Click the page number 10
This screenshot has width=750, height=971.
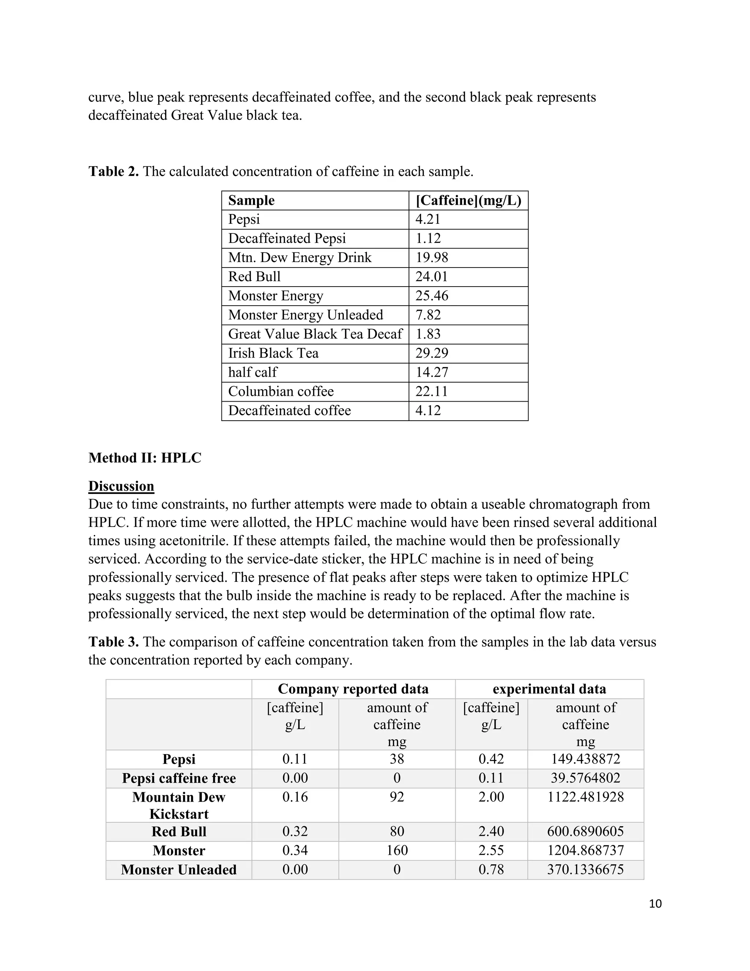coord(655,904)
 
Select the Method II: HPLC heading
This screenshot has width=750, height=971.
coord(145,458)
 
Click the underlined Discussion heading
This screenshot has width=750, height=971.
coord(121,486)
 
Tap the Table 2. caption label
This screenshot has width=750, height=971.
coord(113,171)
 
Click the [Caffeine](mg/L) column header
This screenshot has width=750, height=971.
coord(468,200)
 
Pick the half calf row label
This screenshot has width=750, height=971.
coord(252,372)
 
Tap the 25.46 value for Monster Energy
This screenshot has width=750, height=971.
coord(431,296)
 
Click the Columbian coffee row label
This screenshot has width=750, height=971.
coord(281,391)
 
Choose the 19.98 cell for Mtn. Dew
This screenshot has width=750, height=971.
coord(431,258)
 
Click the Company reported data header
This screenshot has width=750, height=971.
coord(353,689)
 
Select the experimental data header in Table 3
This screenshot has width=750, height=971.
coord(549,689)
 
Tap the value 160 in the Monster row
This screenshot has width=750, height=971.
coord(397,850)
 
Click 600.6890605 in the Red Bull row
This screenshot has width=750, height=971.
coord(585,831)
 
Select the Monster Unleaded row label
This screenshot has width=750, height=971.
coord(179,869)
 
